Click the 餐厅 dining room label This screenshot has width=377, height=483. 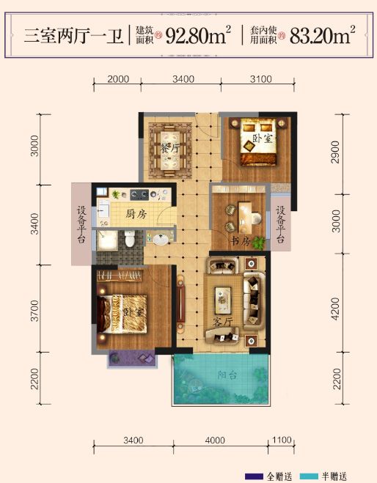click(170, 148)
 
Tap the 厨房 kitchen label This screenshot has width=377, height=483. click(136, 214)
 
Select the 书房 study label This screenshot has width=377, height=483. click(240, 242)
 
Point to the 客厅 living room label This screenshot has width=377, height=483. click(223, 322)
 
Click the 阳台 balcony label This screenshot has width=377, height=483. click(227, 375)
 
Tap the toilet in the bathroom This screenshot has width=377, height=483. click(130, 238)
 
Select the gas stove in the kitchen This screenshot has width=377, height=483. click(139, 195)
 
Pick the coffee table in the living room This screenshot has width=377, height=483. click(222, 301)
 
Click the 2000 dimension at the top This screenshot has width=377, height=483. click(118, 79)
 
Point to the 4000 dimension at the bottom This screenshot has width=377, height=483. click(215, 440)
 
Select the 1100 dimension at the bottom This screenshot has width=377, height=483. click(282, 440)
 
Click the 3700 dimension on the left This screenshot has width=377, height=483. click(34, 311)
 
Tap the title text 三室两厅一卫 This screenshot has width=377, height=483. click(73, 35)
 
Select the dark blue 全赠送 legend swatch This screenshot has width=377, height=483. click(254, 476)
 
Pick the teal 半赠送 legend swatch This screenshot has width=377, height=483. click(309, 476)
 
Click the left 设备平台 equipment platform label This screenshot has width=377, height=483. click(81, 225)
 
